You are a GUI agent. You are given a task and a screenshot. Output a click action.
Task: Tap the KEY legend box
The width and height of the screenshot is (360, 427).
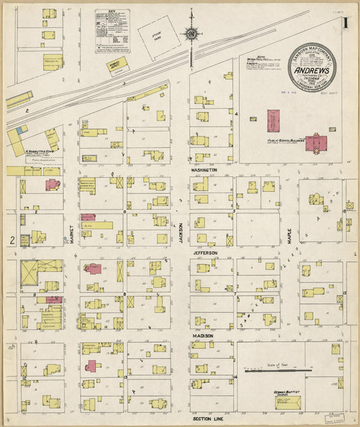[111, 31]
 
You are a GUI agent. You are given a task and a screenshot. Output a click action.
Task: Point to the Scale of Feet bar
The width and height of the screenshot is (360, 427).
[278, 370]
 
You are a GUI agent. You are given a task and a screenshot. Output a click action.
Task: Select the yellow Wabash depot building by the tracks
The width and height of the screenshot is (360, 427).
[118, 65]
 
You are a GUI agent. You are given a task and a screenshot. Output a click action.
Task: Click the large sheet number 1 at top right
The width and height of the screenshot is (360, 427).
[344, 22]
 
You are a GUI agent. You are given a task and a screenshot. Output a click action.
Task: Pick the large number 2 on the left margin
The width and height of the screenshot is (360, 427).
[11, 240]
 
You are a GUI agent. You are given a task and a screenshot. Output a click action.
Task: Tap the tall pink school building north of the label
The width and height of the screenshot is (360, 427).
[274, 121]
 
